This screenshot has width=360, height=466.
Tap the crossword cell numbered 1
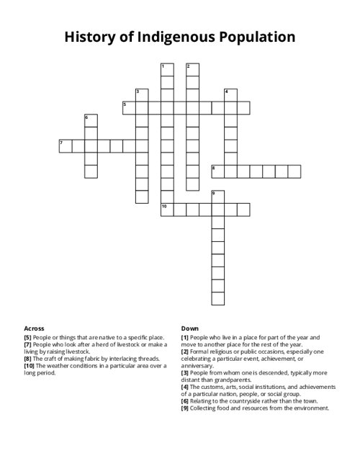167,70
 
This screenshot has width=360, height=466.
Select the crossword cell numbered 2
192,70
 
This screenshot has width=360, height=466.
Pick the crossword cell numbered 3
142,95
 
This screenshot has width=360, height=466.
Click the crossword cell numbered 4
230,95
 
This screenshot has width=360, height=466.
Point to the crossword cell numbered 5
130,108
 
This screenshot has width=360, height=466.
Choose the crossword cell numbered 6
91,120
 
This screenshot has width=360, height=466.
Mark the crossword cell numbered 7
66,146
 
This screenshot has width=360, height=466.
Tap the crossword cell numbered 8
217,171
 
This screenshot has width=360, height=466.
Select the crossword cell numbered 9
217,197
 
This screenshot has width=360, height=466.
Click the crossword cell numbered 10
167,209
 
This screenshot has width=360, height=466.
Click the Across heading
34,328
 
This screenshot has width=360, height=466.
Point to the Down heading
189,328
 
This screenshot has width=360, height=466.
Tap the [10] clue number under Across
30,366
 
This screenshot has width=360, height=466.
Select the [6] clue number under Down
186,401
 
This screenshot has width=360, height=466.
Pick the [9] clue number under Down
186,408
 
